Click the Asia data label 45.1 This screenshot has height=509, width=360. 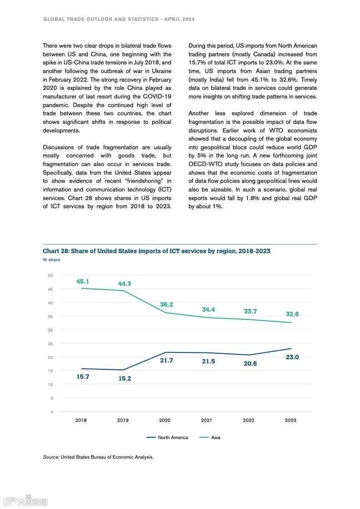point(82,281)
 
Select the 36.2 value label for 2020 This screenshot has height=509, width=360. point(166,305)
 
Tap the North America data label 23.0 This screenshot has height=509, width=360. point(292,357)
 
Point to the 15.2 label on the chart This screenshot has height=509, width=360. point(124,378)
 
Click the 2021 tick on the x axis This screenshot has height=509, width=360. point(207,420)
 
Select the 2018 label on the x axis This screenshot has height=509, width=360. point(81,420)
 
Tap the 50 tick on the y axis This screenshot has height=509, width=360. point(50,275)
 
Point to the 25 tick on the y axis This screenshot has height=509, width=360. point(50,343)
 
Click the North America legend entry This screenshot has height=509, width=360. point(167,437)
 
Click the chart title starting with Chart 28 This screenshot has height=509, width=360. point(157,251)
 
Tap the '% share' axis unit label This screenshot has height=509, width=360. point(51,260)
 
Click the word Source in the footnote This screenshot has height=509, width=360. point(51,457)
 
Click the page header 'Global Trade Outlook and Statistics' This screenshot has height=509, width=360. point(99,20)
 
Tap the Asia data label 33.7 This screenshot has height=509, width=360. point(250,311)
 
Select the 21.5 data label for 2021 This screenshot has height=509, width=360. point(208,361)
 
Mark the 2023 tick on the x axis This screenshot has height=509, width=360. point(291,420)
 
